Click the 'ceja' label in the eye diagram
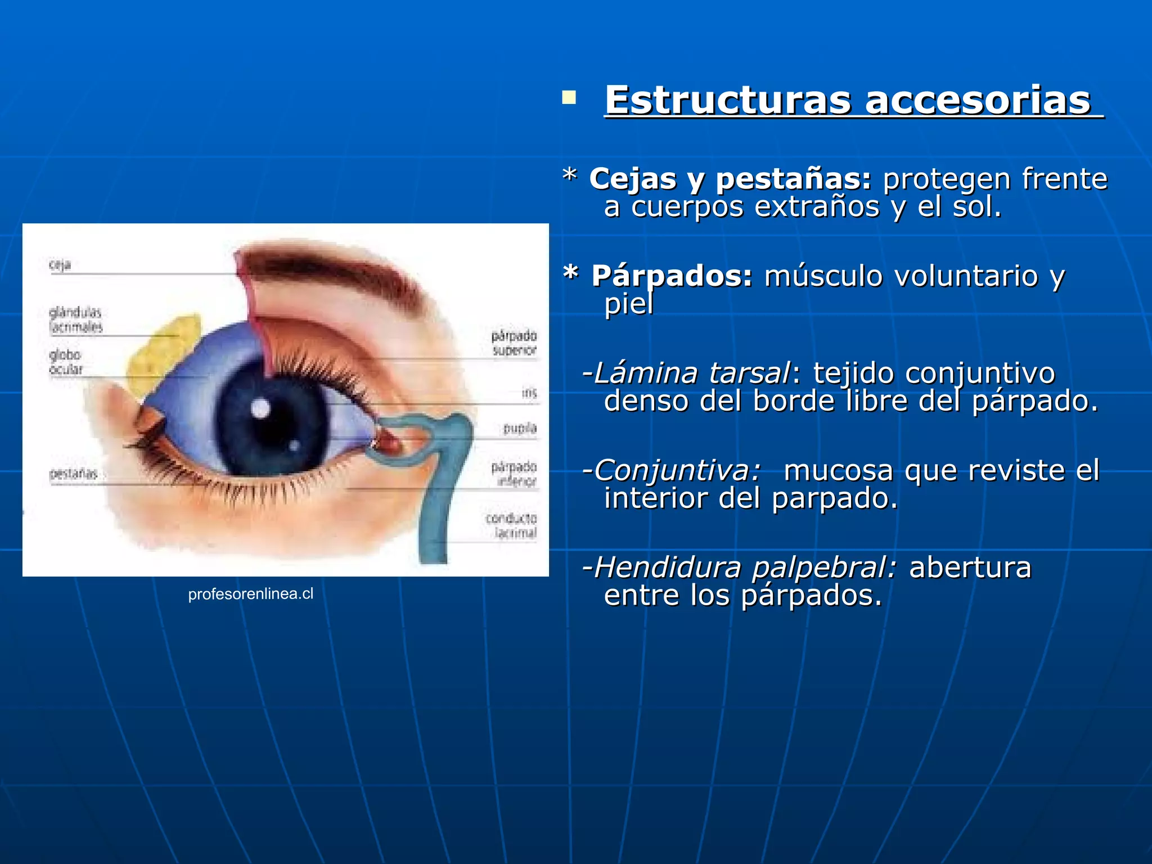point(60,264)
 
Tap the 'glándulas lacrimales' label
point(76,319)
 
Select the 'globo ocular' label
point(66,362)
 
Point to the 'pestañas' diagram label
point(73,474)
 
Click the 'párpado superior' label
point(514,343)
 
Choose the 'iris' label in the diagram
point(529,393)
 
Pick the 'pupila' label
point(520,429)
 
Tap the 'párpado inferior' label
point(514,474)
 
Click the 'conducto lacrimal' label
point(511,525)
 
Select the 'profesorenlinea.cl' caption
point(250,594)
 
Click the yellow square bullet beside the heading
point(569,98)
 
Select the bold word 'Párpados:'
point(672,276)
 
